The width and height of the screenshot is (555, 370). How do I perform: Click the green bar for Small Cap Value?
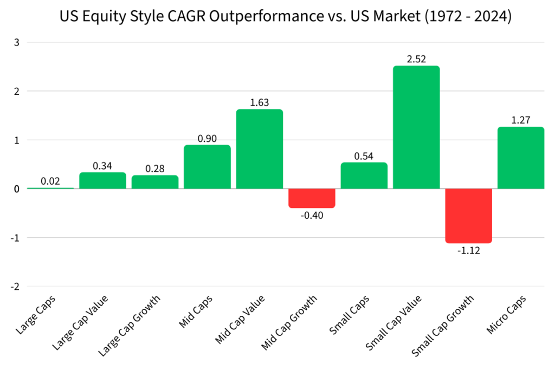[x=416, y=127]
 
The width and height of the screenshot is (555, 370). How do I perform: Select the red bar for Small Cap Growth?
[x=468, y=216]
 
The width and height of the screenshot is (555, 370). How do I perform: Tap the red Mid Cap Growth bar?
[x=312, y=198]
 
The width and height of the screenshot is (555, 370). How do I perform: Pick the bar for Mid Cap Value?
[x=259, y=149]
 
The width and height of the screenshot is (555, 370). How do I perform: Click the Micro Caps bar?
[x=520, y=158]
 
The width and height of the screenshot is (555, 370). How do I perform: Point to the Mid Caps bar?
[x=207, y=167]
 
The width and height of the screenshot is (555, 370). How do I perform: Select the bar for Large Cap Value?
[x=102, y=180]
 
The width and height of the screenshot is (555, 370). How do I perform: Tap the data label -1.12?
[x=468, y=250]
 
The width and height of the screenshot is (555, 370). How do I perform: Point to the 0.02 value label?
[x=50, y=181]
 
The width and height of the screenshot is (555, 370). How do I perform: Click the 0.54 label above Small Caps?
[x=364, y=156]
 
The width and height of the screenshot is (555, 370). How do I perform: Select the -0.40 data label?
[x=312, y=215]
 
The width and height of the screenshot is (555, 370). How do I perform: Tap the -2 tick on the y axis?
[x=15, y=286]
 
